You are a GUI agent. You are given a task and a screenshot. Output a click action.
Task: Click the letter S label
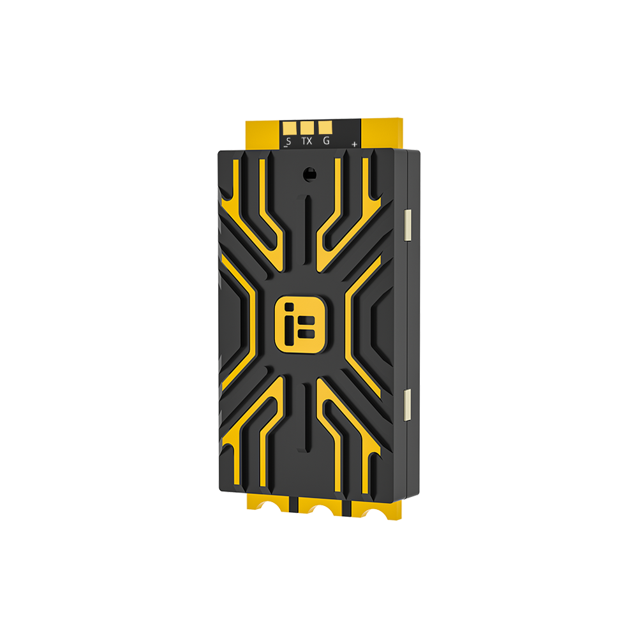point(288,140)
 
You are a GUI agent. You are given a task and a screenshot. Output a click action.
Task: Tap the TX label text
point(307,140)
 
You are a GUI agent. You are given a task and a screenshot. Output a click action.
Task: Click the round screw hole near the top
point(309,172)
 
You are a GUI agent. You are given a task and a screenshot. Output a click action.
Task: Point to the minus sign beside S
point(285,147)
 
